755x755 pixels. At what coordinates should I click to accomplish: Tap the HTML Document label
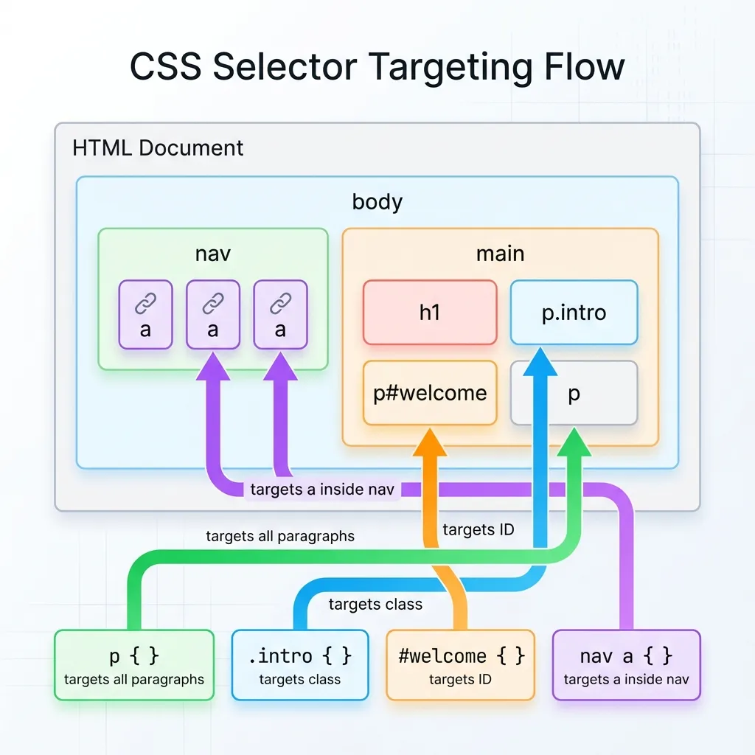(158, 147)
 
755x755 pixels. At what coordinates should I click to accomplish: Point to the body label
(377, 201)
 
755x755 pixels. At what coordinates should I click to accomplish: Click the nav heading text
(212, 254)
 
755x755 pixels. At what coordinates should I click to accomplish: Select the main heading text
(500, 254)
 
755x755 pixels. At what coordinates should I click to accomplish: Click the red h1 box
(430, 313)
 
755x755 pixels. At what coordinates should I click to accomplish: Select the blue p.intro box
(574, 313)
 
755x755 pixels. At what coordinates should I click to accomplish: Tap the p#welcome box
(430, 393)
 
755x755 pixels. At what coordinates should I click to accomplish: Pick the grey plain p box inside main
(574, 393)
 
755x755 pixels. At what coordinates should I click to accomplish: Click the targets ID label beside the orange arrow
(478, 529)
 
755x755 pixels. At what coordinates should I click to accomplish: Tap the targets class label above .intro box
(375, 605)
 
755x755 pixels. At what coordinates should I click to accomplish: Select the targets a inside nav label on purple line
(321, 489)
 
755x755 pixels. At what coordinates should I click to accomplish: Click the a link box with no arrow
(145, 314)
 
